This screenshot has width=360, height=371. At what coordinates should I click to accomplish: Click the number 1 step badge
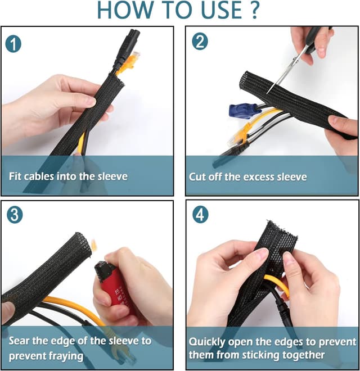click(x=13, y=44)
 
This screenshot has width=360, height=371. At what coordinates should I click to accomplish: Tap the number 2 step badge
click(x=200, y=42)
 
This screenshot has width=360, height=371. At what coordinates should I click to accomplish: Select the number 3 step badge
click(x=15, y=215)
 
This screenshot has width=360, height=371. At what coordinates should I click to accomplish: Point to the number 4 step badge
click(x=200, y=215)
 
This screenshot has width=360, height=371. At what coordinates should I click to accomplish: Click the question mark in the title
click(x=255, y=10)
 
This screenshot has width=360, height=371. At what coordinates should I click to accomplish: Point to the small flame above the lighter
click(x=94, y=245)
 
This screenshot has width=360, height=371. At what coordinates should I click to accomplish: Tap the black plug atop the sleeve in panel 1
click(x=126, y=49)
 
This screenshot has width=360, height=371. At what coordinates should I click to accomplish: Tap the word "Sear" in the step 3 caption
click(x=19, y=341)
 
